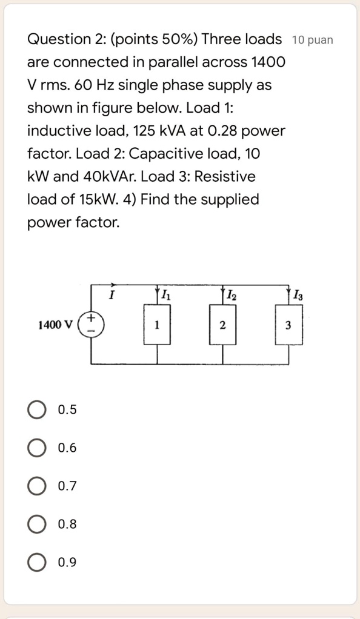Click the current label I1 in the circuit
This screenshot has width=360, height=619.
pyautogui.click(x=166, y=296)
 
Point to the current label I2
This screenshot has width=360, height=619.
pyautogui.click(x=232, y=296)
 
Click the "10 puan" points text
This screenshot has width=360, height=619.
pyautogui.click(x=312, y=41)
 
